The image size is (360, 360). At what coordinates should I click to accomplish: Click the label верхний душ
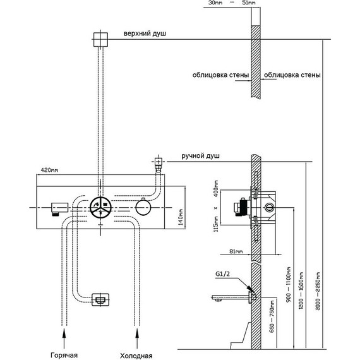click(x=145, y=33)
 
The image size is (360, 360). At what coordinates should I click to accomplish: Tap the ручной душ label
click(x=200, y=156)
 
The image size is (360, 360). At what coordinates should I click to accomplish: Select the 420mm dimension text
click(x=49, y=170)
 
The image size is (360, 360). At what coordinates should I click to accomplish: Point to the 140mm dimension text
click(x=181, y=217)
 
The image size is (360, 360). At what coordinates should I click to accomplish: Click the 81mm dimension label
click(x=236, y=251)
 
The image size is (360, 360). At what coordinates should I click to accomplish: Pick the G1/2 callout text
click(x=222, y=274)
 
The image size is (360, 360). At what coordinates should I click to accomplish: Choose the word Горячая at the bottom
click(x=64, y=355)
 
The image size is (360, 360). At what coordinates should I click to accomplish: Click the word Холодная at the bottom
click(x=136, y=356)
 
